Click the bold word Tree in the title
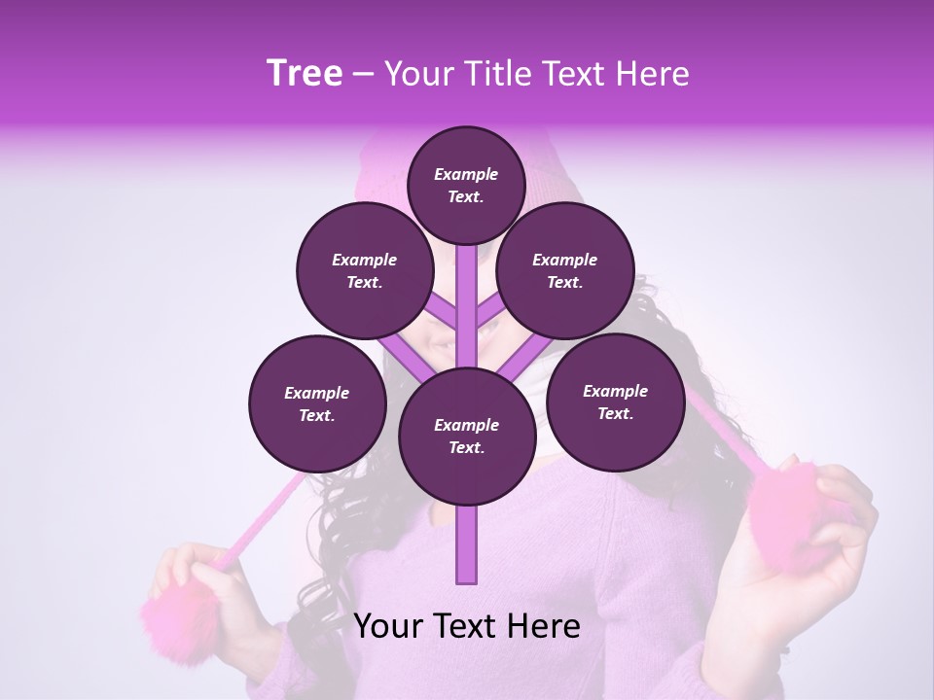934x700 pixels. pyautogui.click(x=305, y=74)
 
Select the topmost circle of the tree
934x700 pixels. pyautogui.click(x=466, y=185)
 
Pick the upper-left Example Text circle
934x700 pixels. pyautogui.click(x=365, y=270)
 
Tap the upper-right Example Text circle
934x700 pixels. pyautogui.click(x=565, y=270)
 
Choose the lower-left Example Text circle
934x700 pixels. pyautogui.click(x=317, y=403)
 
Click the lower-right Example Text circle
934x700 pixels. pyautogui.click(x=615, y=402)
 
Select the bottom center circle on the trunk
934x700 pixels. pyautogui.click(x=466, y=436)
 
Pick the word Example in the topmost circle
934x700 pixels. pyautogui.click(x=466, y=174)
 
